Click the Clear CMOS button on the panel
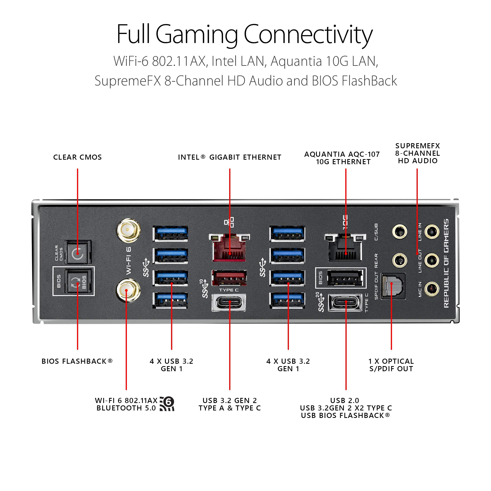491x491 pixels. pos(78,253)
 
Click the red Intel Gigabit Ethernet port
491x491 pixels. pos(229,248)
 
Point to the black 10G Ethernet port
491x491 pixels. pos(345,248)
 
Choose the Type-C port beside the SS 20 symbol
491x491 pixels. pos(345,302)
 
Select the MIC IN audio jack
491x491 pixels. pos(431,289)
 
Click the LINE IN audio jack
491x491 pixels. pos(431,232)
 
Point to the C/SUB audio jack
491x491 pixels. pos(400,232)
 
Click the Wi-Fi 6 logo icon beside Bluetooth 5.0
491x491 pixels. pos(167,404)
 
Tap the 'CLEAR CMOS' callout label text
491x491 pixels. pos(78,157)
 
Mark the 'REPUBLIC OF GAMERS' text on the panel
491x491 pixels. pos(446,264)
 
